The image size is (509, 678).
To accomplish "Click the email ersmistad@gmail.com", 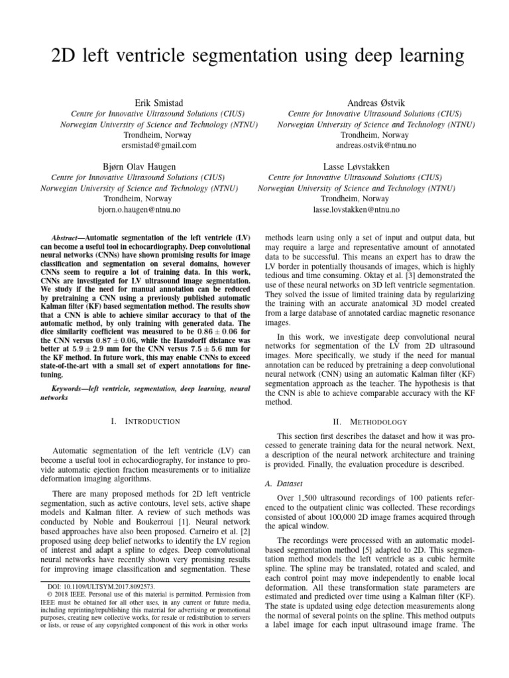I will coord(159,145).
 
